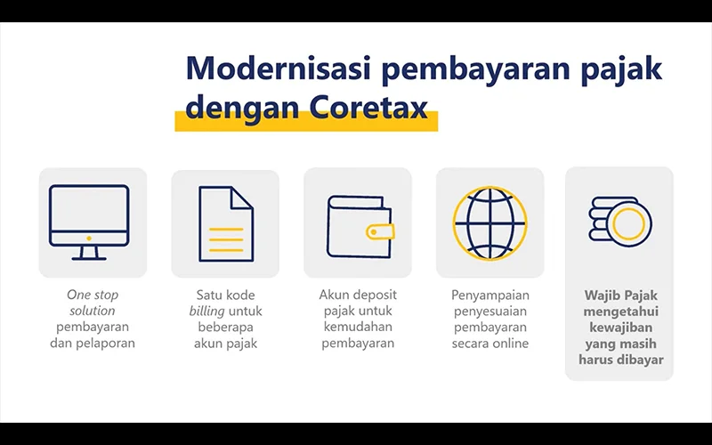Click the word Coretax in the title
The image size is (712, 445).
(x=368, y=107)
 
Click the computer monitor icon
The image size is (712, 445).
(x=89, y=222)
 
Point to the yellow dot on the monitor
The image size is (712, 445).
(x=89, y=238)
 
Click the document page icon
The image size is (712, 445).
(x=226, y=224)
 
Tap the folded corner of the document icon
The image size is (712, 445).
(x=242, y=198)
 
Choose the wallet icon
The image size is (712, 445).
(x=360, y=227)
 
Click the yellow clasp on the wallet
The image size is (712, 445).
(x=380, y=232)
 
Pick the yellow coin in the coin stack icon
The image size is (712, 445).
(x=628, y=223)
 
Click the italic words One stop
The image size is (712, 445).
(x=93, y=295)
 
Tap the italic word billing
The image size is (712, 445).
(x=207, y=311)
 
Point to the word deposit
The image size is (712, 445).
(x=376, y=295)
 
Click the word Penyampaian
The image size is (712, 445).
(x=490, y=295)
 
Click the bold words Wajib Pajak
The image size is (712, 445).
(x=620, y=295)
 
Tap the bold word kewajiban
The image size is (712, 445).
(x=620, y=328)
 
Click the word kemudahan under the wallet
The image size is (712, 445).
(x=358, y=327)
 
